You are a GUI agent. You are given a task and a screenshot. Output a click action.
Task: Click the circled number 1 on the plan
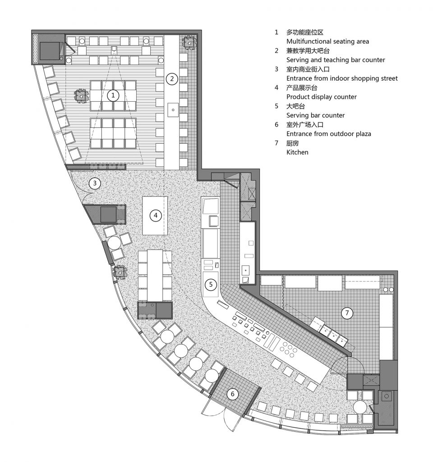pyautogui.click(x=113, y=95)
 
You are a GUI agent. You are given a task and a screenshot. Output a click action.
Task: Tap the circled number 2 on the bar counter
pyautogui.click(x=171, y=79)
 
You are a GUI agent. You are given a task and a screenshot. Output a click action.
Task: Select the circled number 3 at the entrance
pyautogui.click(x=94, y=183)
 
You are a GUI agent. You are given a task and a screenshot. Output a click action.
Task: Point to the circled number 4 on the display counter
pyautogui.click(x=155, y=215)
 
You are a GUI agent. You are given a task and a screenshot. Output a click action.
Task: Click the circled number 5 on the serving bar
pyautogui.click(x=210, y=284)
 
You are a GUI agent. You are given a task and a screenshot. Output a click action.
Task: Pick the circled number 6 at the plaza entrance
pyautogui.click(x=233, y=394)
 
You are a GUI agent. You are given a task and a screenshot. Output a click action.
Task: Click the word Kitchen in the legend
pyautogui.click(x=297, y=152)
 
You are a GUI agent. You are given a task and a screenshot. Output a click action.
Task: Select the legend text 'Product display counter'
pyautogui.click(x=321, y=97)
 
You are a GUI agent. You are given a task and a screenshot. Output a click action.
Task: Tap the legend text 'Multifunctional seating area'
pyautogui.click(x=327, y=41)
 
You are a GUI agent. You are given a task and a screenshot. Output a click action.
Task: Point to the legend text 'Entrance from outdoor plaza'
pyautogui.click(x=328, y=134)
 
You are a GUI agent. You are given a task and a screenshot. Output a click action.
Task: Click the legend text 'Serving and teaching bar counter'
pyautogui.click(x=336, y=60)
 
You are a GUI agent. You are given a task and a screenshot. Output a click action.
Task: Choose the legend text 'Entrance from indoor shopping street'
pyautogui.click(x=342, y=78)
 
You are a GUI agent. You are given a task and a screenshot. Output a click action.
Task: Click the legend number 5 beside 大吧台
pyautogui.click(x=276, y=106)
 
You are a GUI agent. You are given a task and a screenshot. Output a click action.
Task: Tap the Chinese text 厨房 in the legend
pyautogui.click(x=293, y=143)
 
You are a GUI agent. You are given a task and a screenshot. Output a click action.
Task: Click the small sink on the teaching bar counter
pyautogui.click(x=173, y=109)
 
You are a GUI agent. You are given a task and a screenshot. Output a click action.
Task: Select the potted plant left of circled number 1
pyautogui.click(x=81, y=95)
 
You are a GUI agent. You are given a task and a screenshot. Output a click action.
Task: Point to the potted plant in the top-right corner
pyautogui.click(x=189, y=42)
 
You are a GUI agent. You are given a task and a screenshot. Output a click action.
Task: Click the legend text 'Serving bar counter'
pyautogui.click(x=315, y=115)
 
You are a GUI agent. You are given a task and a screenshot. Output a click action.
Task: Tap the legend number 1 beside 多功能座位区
pyautogui.click(x=276, y=32)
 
